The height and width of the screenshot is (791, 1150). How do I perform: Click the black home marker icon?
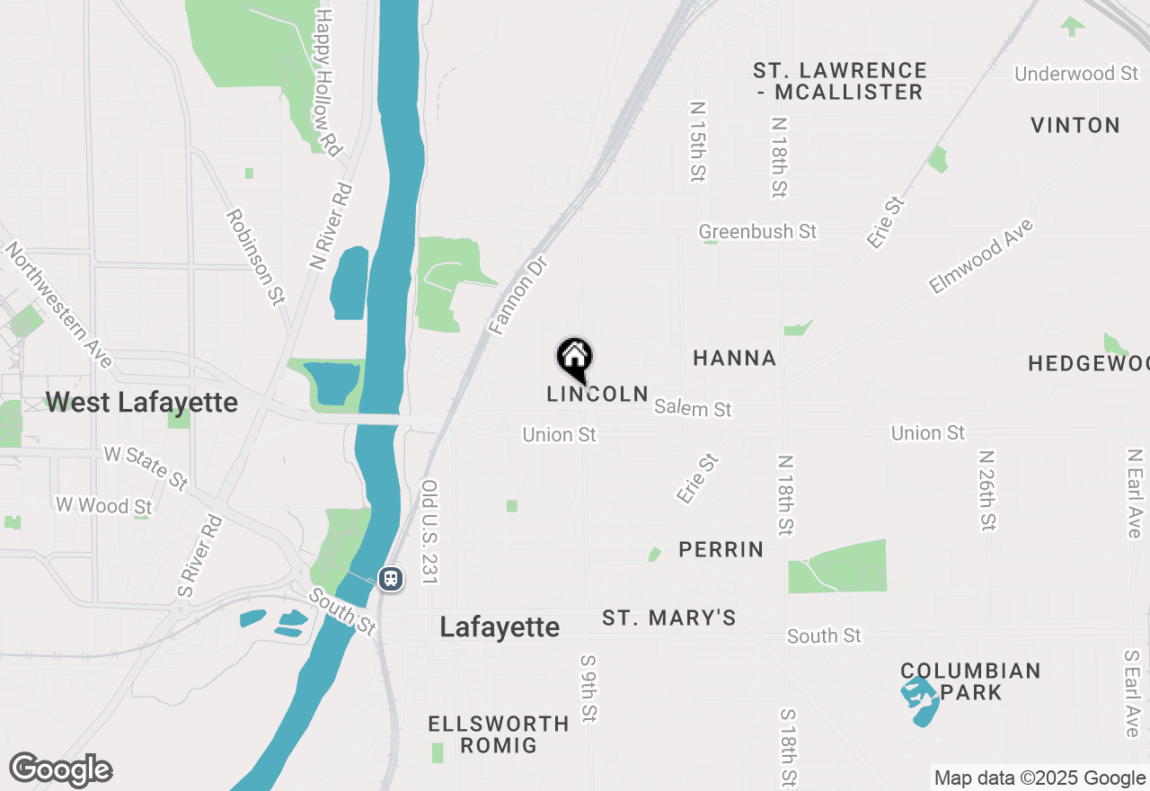(574, 359)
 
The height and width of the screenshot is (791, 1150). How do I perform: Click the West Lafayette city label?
(142, 402)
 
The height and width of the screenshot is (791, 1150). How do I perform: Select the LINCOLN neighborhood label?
(597, 394)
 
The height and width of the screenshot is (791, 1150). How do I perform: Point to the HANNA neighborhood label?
(735, 358)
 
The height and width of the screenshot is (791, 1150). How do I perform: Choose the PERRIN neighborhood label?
(721, 549)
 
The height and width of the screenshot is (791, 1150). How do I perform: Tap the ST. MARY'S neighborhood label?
(669, 618)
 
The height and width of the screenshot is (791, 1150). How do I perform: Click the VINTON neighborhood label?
(1075, 125)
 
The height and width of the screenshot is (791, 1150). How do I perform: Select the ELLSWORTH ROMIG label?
(499, 734)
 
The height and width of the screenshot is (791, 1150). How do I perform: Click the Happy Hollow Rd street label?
(327, 83)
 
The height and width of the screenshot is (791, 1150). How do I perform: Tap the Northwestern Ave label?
(58, 304)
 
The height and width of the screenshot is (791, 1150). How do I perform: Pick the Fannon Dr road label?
(517, 295)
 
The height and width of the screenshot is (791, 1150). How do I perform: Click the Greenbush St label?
(757, 232)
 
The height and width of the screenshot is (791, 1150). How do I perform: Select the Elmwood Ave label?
(981, 256)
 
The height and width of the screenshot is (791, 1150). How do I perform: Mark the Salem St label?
(693, 408)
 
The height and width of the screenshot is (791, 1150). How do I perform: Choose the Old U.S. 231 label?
(429, 531)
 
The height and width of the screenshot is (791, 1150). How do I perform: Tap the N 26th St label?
(987, 490)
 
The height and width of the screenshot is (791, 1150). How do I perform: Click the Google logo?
(61, 770)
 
